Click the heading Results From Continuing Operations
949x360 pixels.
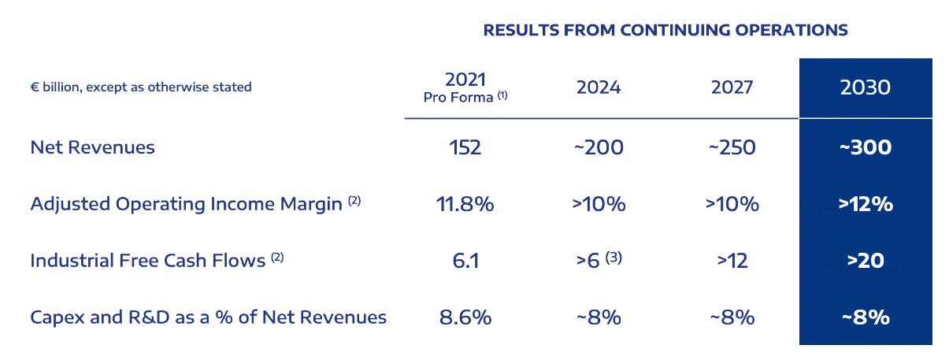[665, 31]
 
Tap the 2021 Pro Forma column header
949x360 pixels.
[465, 87]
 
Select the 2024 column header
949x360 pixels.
[599, 87]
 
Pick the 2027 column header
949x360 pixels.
[732, 87]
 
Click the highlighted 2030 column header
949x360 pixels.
[865, 87]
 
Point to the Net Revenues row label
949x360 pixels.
[92, 147]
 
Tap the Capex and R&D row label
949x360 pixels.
[208, 317]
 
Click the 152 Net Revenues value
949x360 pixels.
[465, 147]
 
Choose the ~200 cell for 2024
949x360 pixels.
[599, 147]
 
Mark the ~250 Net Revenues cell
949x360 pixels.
[732, 147]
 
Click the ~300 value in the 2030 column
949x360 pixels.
[865, 147]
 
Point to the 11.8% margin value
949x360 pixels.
[465, 204]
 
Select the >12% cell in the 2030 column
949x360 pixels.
[865, 204]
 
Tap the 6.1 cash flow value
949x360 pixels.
[465, 261]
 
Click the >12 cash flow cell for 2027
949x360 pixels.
[732, 261]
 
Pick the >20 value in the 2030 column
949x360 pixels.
[865, 261]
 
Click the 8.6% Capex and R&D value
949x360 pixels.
[465, 317]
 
